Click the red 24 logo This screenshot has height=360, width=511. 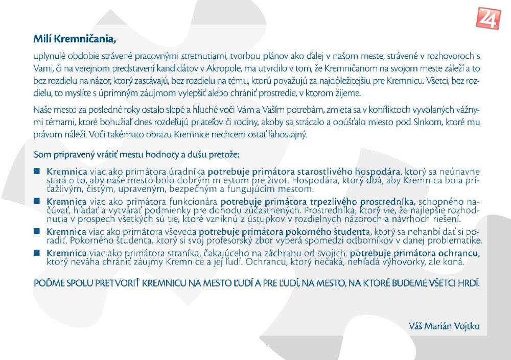(488, 18)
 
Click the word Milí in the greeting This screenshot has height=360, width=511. (42, 38)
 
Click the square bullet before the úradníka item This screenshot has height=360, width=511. (37, 171)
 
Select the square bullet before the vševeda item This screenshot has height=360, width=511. (37, 231)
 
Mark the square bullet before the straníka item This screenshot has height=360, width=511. (37, 252)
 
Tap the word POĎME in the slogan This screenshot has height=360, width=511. (47, 283)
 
